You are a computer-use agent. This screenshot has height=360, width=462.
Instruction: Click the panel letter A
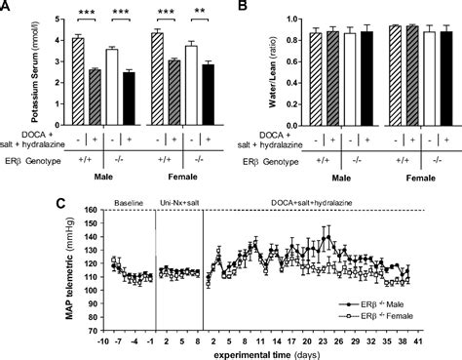[7, 8]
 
